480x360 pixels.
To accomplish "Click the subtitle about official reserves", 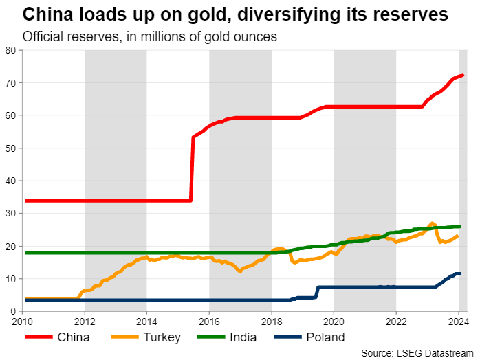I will (x=149, y=36).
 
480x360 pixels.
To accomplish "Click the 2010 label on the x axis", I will (x=23, y=321).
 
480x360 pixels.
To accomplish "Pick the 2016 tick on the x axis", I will (x=209, y=321).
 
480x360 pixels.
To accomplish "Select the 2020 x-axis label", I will (x=334, y=321).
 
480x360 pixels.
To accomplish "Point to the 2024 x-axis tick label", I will (x=458, y=321).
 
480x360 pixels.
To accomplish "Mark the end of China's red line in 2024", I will (x=463, y=75).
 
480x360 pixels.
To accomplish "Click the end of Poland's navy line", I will (x=459, y=273).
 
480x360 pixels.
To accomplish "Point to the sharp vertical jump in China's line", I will (x=191, y=169).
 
